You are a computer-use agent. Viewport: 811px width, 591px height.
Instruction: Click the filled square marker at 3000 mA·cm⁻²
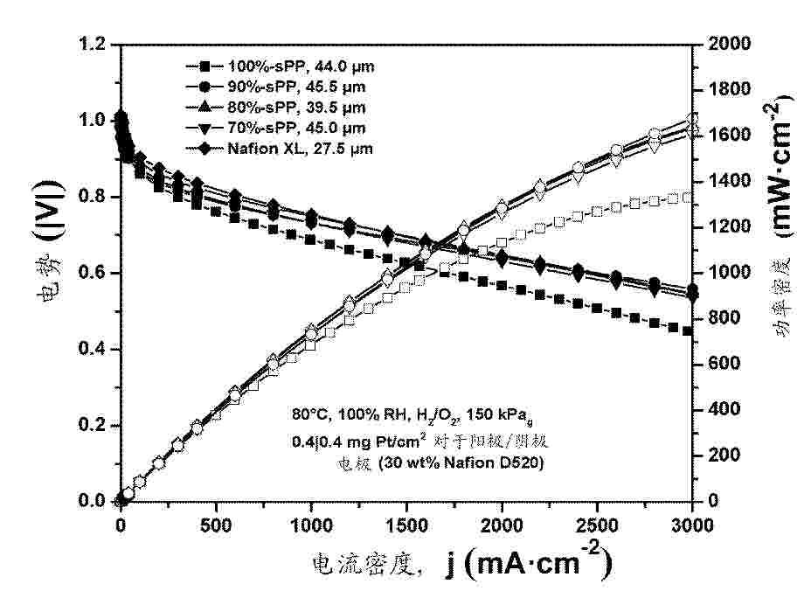coord(688,331)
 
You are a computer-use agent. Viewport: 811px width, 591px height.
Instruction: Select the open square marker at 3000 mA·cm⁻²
coord(688,198)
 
